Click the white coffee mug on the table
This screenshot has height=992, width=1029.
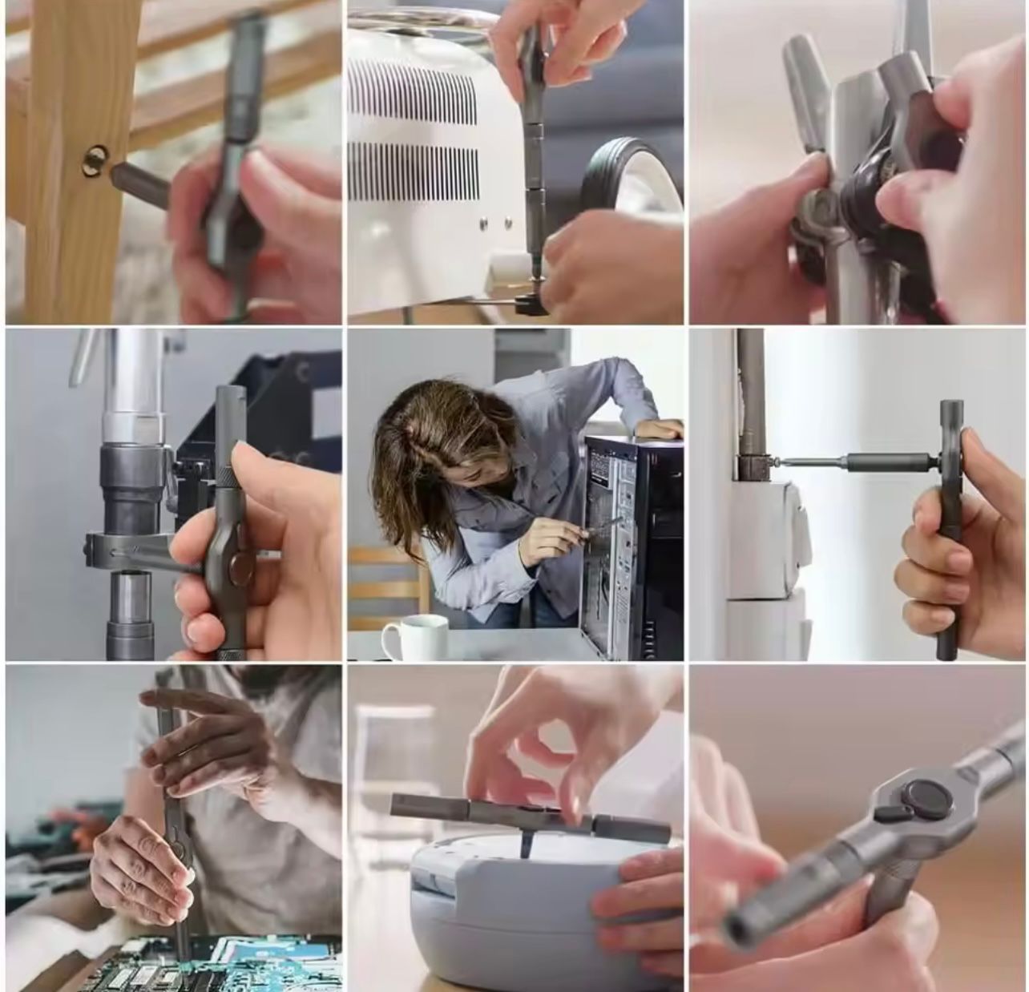(x=415, y=638)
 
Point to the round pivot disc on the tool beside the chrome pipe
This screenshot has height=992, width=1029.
(x=238, y=571)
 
